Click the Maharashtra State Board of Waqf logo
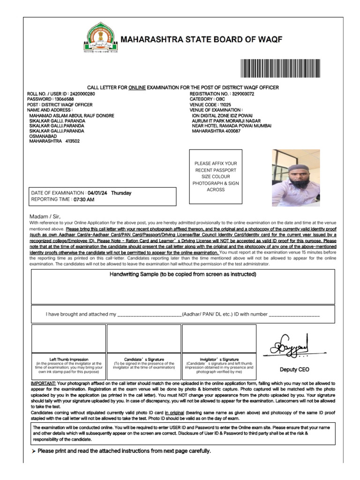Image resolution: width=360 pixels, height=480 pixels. [101, 38]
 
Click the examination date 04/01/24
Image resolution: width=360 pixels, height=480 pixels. [97, 193]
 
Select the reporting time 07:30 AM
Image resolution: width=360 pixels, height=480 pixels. [83, 199]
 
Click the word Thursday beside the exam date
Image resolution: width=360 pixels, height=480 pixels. [121, 193]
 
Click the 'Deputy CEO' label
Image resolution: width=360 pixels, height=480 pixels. [294, 369]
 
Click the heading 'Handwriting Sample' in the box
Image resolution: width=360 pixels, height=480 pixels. [183, 274]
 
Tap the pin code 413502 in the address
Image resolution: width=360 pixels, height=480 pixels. [73, 141]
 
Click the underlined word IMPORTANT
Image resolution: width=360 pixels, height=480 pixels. [43, 383]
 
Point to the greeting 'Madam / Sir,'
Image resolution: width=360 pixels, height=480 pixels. [45, 216]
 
